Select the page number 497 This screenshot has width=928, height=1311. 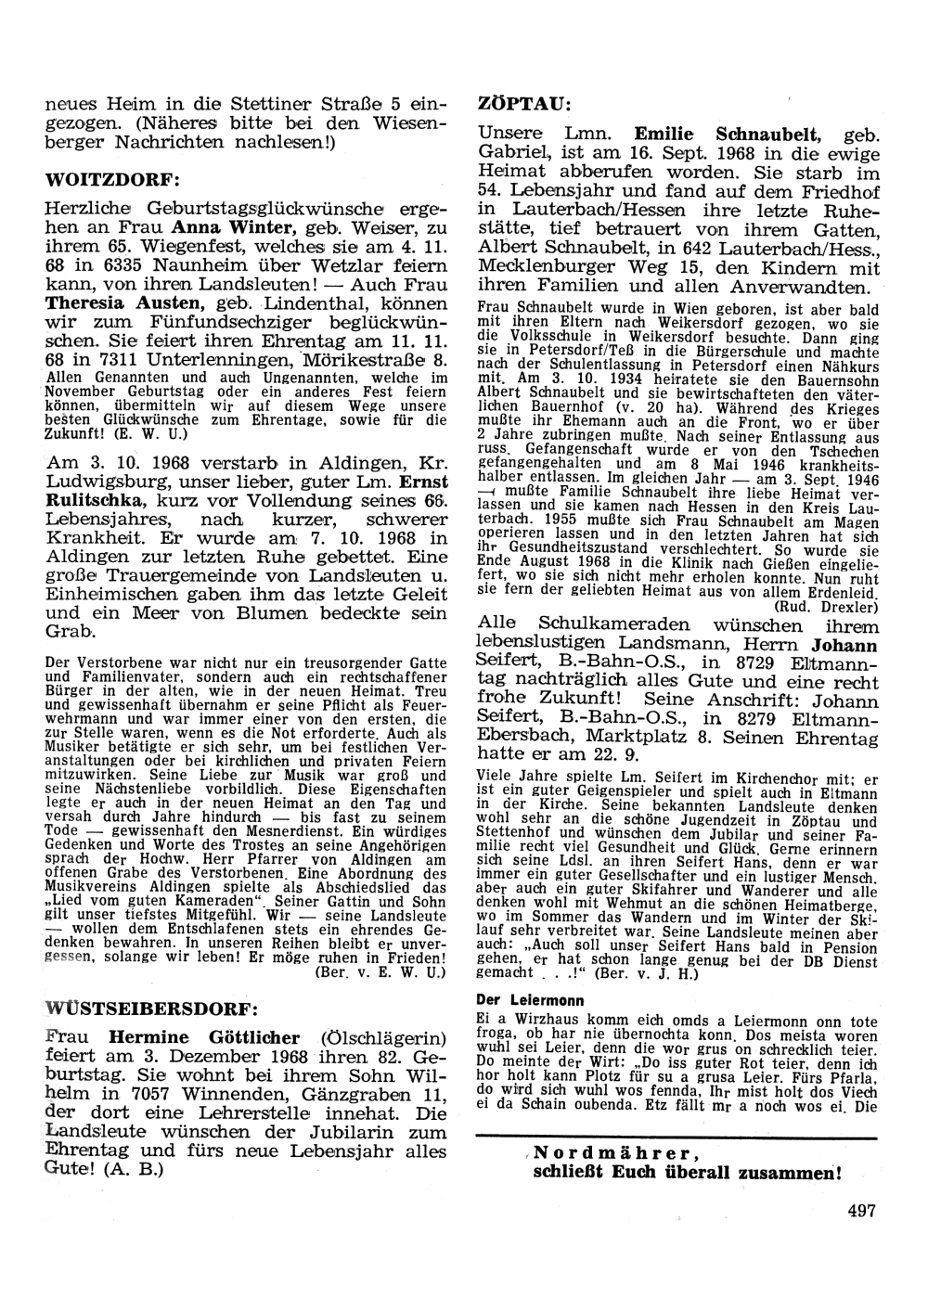861,1209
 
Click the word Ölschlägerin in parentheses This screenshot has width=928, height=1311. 383,1037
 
